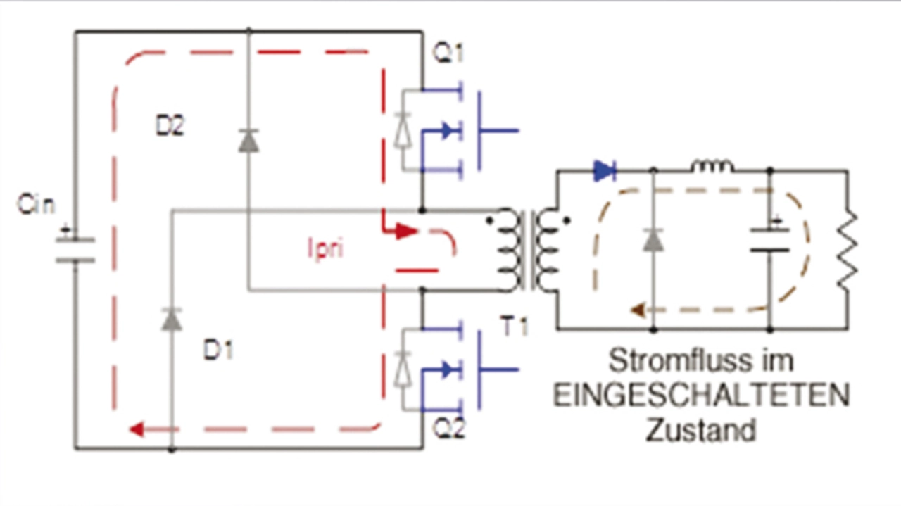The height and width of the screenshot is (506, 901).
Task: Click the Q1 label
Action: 448,53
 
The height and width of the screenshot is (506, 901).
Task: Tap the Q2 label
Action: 449,429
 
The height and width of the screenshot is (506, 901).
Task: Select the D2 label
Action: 170,125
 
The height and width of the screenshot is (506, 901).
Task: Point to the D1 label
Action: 218,350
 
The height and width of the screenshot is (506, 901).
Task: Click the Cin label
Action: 36,204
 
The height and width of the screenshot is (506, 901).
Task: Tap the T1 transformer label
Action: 514,327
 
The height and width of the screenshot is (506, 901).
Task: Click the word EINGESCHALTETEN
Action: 702,396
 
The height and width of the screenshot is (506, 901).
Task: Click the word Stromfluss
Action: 680,360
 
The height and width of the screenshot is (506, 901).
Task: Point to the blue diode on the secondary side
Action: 605,171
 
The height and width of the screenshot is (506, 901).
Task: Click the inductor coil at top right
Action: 712,166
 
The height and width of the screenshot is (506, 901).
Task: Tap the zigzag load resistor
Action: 848,251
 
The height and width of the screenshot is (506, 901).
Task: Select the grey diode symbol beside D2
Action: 248,140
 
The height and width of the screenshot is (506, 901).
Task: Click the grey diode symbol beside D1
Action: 172,320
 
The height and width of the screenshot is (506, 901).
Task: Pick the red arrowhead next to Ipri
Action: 407,232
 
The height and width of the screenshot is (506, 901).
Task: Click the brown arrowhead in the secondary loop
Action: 638,310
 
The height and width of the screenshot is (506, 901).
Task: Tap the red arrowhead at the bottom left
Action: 137,429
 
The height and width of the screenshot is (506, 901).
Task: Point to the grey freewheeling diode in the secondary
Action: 653,240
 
